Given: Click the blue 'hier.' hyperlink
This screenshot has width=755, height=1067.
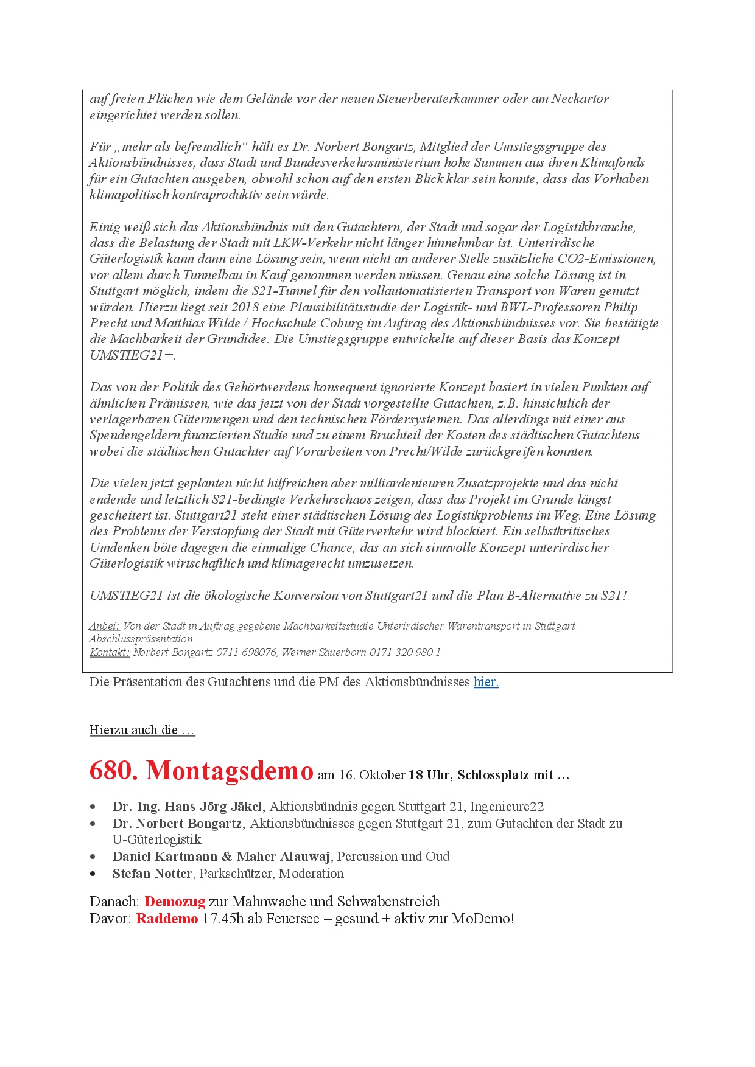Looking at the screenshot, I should tap(486, 682).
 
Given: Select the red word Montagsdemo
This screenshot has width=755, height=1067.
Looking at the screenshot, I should tap(230, 771).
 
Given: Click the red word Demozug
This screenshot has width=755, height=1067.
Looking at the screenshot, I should tap(175, 902).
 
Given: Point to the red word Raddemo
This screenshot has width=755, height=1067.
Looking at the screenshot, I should tap(167, 919).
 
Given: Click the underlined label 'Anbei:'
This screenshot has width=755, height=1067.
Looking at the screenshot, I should tap(104, 626).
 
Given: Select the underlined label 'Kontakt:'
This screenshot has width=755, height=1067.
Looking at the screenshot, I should tap(110, 652).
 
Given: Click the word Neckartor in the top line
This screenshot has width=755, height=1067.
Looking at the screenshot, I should tap(580, 99).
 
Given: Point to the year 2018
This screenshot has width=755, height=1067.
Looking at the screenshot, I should tap(245, 307).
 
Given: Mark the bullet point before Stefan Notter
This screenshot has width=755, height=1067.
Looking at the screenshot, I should tap(93, 874).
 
